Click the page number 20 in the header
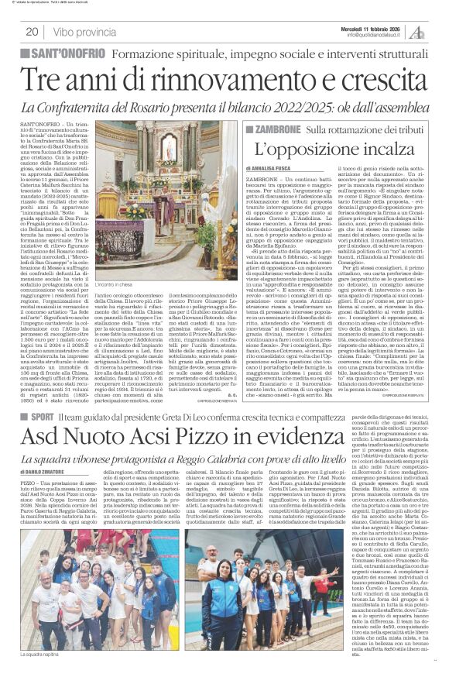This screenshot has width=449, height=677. click(32, 32)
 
